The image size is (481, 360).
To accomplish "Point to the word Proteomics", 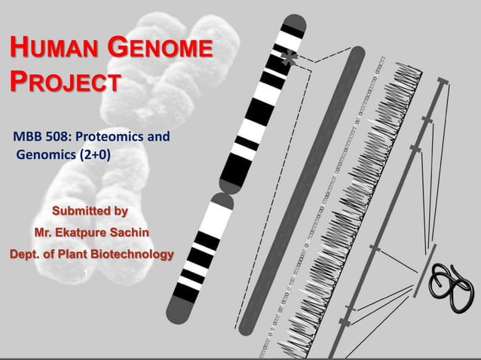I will click(x=112, y=138).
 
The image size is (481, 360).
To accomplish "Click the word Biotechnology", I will click(x=132, y=252).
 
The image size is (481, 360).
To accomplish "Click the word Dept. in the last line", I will click(x=23, y=252).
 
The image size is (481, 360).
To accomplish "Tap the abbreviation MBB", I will click(x=26, y=138).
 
